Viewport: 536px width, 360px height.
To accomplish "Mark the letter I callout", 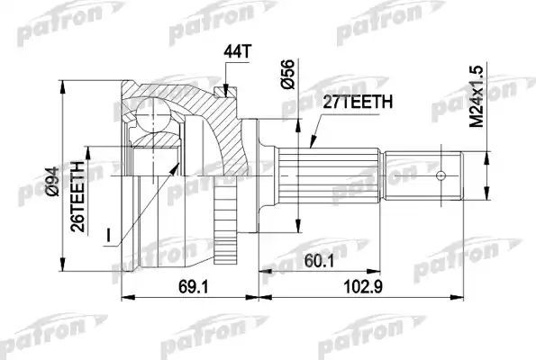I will point(107,235).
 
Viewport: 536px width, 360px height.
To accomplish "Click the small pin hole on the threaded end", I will point(441,175).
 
